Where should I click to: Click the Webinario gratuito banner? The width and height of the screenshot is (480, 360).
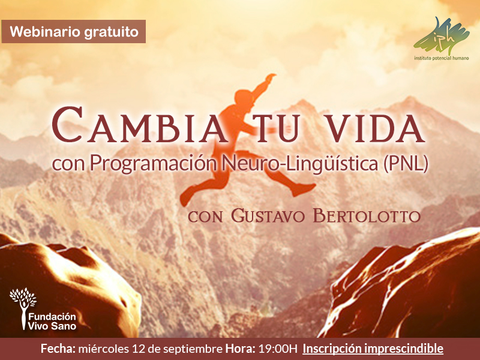pyautogui.click(x=73, y=32)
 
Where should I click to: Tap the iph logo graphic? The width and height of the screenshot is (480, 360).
pyautogui.click(x=441, y=36)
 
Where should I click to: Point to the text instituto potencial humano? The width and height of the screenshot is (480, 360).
pyautogui.click(x=442, y=58)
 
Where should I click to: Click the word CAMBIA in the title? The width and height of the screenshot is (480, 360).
pyautogui.click(x=140, y=125)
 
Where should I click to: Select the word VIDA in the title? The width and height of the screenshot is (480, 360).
pyautogui.click(x=376, y=128)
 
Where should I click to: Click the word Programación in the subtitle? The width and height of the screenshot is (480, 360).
pyautogui.click(x=153, y=164)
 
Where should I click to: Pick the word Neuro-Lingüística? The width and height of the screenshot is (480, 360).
pyautogui.click(x=300, y=164)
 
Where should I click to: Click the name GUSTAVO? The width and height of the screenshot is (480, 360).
pyautogui.click(x=268, y=216)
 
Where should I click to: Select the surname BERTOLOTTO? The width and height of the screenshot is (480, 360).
pyautogui.click(x=367, y=216)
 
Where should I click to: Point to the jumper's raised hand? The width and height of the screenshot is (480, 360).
pyautogui.click(x=271, y=77)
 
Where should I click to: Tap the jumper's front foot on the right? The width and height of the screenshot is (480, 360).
pyautogui.click(x=304, y=189)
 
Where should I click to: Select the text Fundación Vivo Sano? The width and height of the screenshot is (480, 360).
pyautogui.click(x=52, y=321)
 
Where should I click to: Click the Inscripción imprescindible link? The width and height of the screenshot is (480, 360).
pyautogui.click(x=373, y=349)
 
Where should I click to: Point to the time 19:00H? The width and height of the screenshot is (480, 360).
pyautogui.click(x=278, y=349)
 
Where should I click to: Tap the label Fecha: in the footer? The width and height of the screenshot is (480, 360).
pyautogui.click(x=58, y=349)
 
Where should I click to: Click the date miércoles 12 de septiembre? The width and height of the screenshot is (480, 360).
pyautogui.click(x=151, y=349)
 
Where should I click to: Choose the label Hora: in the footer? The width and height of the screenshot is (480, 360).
pyautogui.click(x=241, y=349)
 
